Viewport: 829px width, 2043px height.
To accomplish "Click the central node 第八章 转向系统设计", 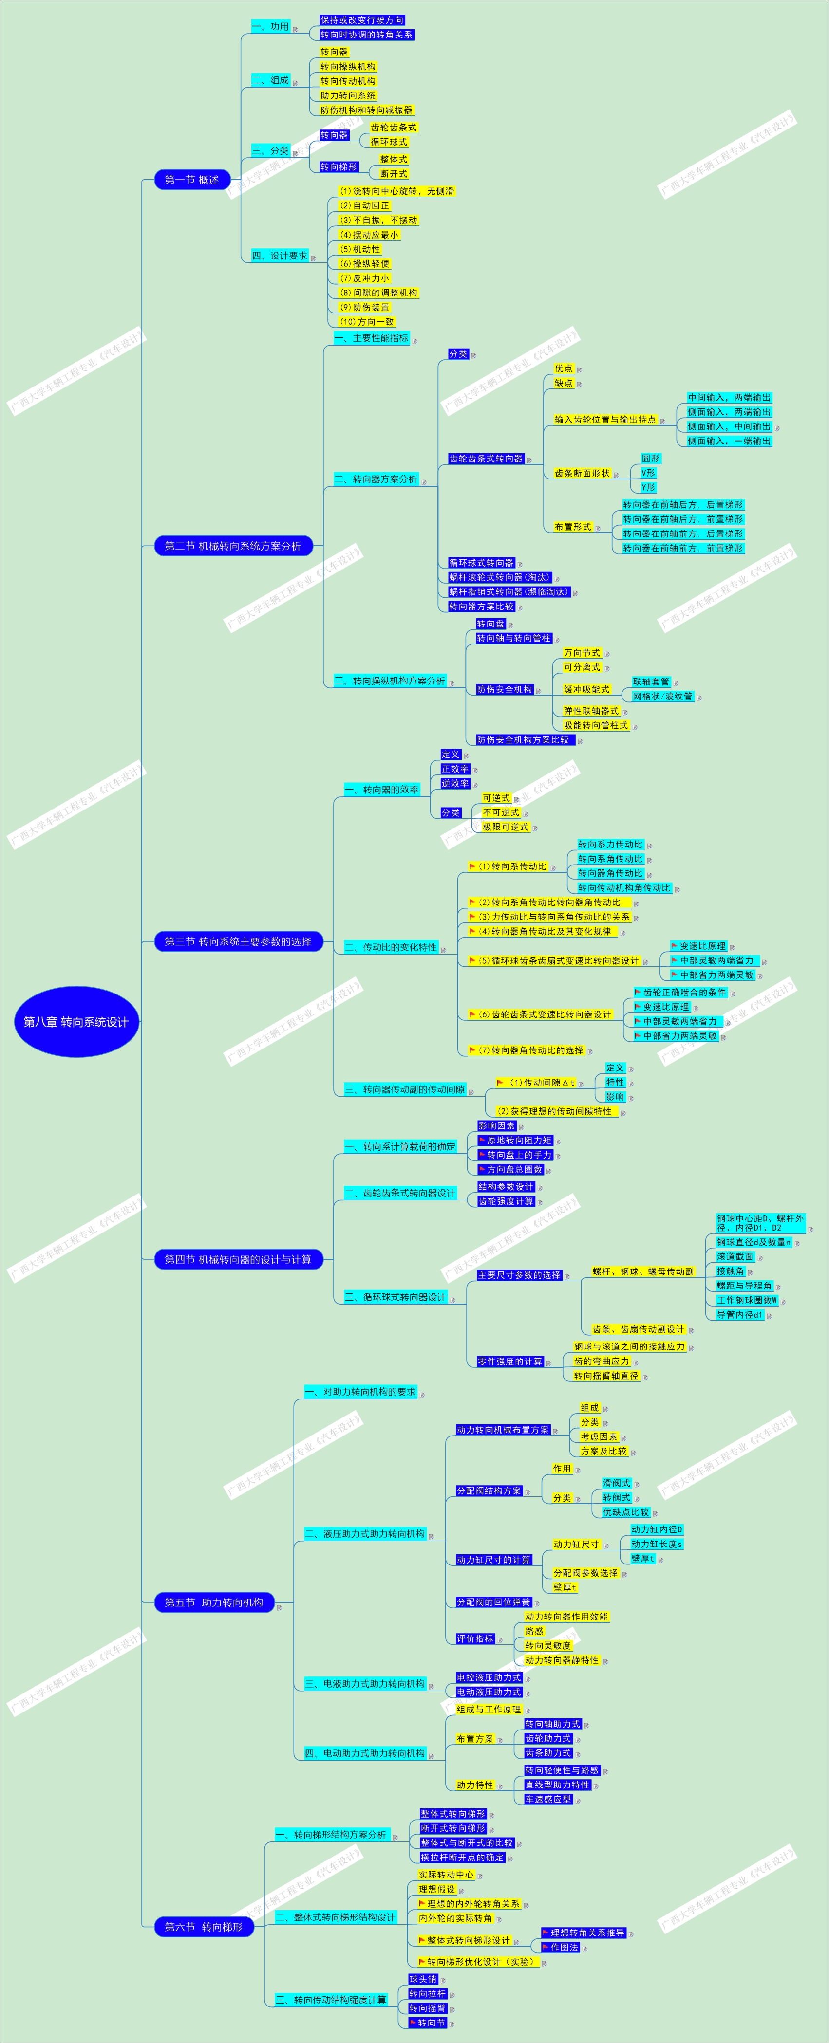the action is (76, 1021).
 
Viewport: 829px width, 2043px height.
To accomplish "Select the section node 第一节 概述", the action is (192, 180).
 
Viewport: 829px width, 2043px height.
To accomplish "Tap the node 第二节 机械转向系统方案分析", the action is (233, 546).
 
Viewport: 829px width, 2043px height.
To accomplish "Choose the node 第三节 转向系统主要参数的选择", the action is (238, 941).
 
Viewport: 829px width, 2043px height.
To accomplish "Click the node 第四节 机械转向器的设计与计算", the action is (238, 1259).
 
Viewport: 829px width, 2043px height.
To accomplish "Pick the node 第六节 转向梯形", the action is (204, 1926).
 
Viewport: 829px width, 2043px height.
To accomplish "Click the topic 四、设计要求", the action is (279, 256).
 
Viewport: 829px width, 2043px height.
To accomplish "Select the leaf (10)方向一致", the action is (366, 322).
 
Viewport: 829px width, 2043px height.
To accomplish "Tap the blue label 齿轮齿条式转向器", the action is (486, 459).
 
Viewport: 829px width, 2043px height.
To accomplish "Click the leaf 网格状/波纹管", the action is (662, 696).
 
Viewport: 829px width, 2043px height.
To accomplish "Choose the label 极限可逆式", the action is (505, 827).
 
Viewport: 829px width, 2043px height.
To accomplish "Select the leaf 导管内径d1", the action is (739, 1315).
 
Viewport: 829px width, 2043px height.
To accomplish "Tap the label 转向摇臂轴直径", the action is (606, 1376).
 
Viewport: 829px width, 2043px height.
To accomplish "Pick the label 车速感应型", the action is (548, 1800).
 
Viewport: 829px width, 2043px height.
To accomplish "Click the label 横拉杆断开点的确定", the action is (462, 1858).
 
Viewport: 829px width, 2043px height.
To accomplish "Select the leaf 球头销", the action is (423, 1980).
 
